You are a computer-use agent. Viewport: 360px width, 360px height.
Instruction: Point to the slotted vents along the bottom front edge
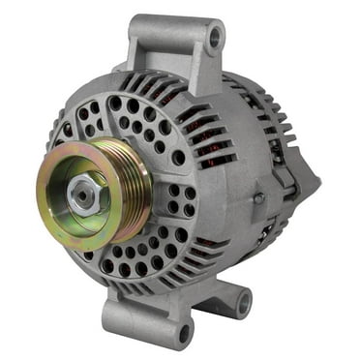point(165,285)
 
